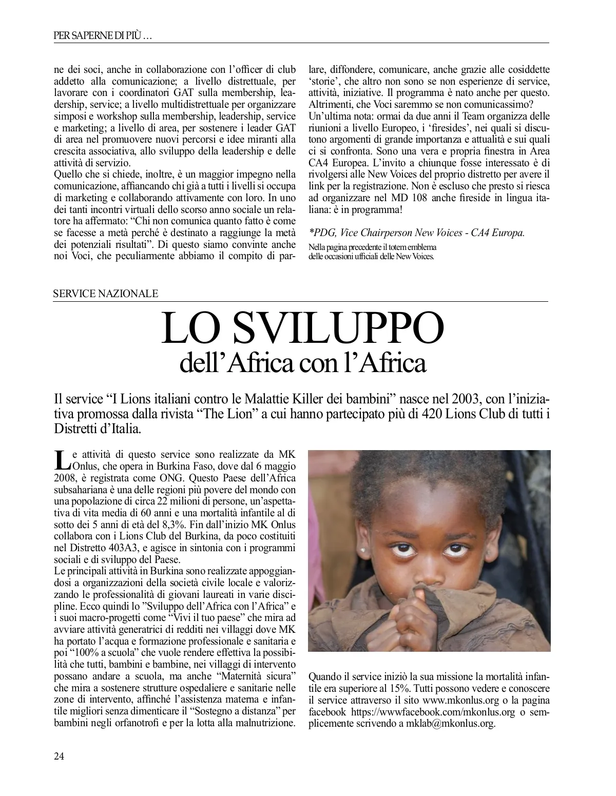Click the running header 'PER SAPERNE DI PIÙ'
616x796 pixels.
pyautogui.click(x=102, y=36)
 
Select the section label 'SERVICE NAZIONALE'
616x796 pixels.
pyautogui.click(x=106, y=294)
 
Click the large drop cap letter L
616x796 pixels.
pyautogui.click(x=61, y=460)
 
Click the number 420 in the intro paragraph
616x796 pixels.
pyautogui.click(x=432, y=414)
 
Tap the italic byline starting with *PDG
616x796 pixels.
pyautogui.click(x=417, y=232)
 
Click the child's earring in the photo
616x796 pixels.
pyautogui.click(x=365, y=560)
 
